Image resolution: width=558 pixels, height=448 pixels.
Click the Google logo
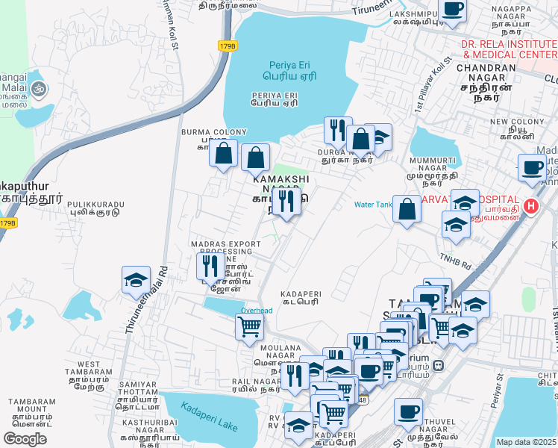coord(25,439)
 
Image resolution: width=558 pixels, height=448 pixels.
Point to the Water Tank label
coord(373,205)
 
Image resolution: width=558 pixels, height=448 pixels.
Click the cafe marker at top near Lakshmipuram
coord(452,10)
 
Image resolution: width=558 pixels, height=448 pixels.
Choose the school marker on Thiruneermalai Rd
coord(136,281)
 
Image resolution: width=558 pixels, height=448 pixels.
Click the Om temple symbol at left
coord(38,90)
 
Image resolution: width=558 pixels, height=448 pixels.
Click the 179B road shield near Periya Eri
coord(228,46)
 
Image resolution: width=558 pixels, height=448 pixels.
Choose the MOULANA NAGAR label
coord(280,348)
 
